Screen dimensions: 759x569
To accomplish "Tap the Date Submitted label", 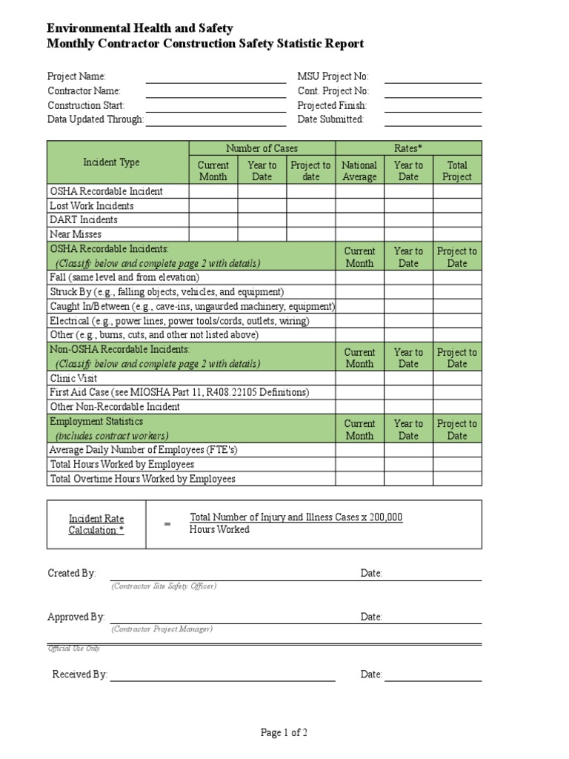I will click(x=330, y=119).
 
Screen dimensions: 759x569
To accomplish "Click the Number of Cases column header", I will click(x=262, y=148).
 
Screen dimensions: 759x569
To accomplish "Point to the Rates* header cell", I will click(x=408, y=148).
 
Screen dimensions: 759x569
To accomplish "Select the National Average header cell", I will click(x=359, y=171).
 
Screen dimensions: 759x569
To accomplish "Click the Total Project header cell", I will click(x=457, y=171).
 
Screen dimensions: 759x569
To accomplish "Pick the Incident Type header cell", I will click(x=111, y=162).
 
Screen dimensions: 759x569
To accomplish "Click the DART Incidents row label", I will click(x=84, y=219).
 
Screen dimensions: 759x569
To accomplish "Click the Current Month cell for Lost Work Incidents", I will click(x=213, y=205).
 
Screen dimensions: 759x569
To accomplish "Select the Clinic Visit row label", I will click(x=73, y=378).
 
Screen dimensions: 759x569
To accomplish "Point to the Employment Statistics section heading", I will click(x=96, y=422).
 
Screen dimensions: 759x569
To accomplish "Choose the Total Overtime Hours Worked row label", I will click(x=142, y=479).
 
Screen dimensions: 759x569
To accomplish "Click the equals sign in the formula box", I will click(x=167, y=524).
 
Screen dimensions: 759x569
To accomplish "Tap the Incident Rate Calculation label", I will click(x=96, y=524).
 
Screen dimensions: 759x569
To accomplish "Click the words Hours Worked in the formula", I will click(x=219, y=529).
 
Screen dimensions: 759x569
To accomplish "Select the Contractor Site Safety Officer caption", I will click(x=164, y=586).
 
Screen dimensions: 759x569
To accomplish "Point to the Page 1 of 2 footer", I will click(x=284, y=733).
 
